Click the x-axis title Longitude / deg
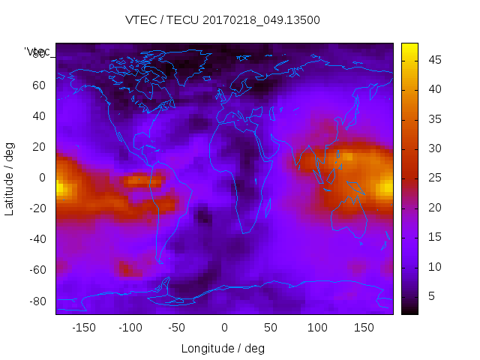(x=223, y=348)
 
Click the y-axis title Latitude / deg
(x=10, y=178)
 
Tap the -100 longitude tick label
(x=130, y=327)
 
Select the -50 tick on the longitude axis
(x=177, y=327)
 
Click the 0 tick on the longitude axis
(x=224, y=327)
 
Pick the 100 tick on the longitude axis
(x=318, y=327)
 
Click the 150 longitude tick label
(x=364, y=327)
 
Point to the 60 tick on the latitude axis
(x=38, y=85)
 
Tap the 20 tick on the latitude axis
(x=38, y=147)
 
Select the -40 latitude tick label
(x=36, y=239)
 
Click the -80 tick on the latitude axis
(x=36, y=301)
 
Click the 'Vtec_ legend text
(x=37, y=52)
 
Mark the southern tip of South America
(x=160, y=262)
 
